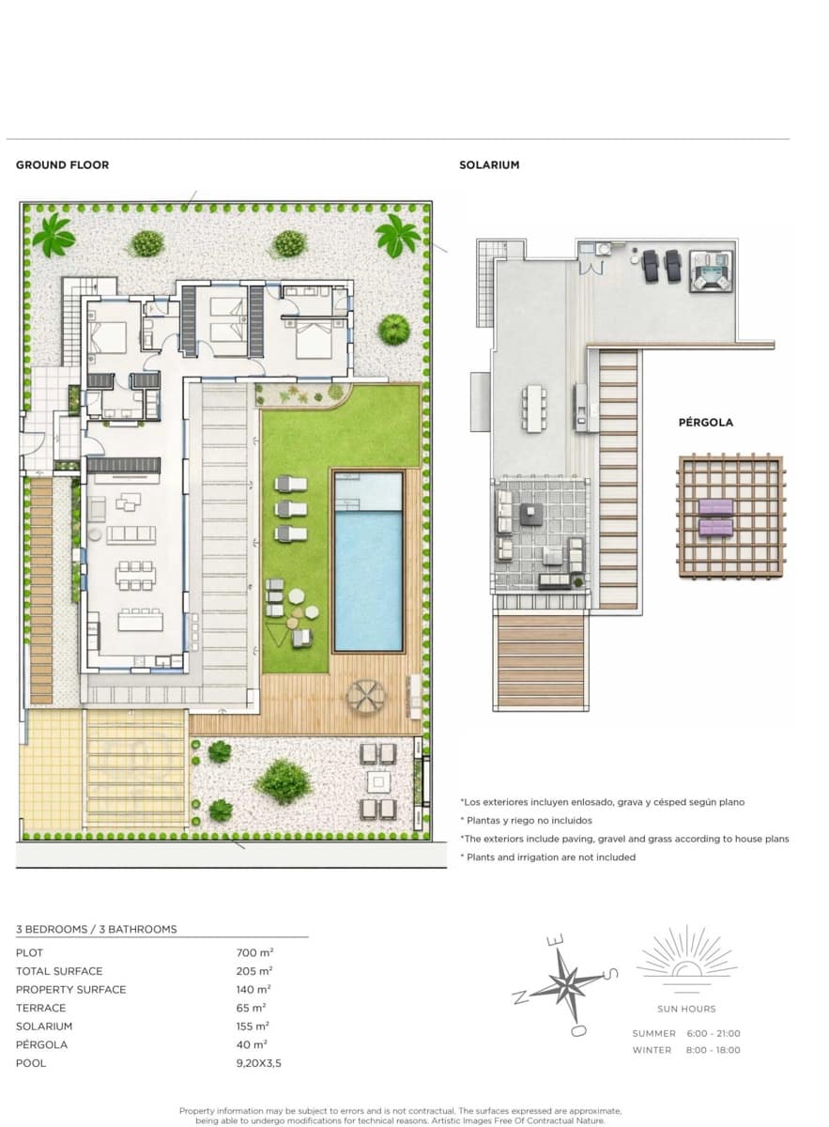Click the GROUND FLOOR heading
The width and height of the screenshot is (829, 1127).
[62, 165]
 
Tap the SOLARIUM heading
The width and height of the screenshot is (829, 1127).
[489, 165]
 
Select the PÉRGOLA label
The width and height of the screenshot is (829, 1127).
[705, 423]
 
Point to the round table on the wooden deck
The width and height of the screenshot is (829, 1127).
[365, 696]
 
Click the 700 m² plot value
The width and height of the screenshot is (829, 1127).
[254, 952]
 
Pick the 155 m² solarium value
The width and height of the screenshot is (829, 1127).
[254, 1027]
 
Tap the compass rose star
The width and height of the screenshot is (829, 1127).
[567, 984]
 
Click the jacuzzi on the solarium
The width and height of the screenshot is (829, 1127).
[711, 271]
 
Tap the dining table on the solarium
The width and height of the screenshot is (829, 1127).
[534, 409]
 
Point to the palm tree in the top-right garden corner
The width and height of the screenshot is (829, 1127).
[397, 235]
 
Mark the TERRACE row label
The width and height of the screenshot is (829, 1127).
[40, 1008]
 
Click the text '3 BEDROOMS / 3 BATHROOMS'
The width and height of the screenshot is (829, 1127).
[97, 929]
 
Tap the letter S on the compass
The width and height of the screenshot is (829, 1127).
[611, 974]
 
